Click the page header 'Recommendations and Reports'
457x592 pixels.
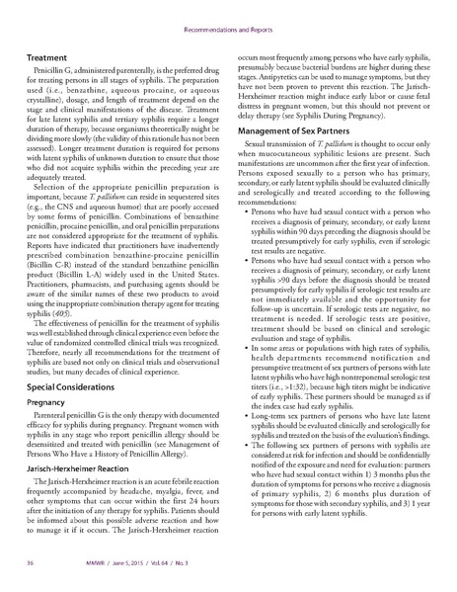(x=228, y=16)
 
